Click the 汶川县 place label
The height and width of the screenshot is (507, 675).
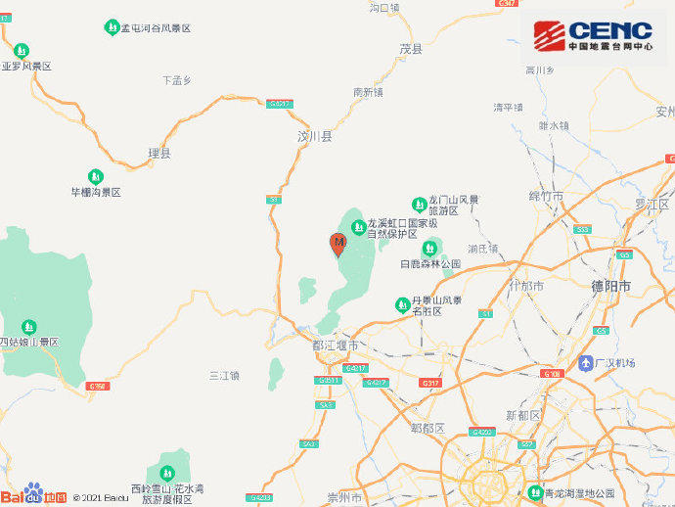pyautogui.click(x=315, y=137)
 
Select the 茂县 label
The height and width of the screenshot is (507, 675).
pyautogui.click(x=411, y=48)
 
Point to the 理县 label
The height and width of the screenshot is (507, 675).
pyautogui.click(x=158, y=153)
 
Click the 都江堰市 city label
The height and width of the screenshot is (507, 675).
pyautogui.click(x=335, y=346)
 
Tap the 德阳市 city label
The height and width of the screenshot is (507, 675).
pyautogui.click(x=611, y=286)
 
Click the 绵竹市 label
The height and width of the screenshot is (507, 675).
pyautogui.click(x=546, y=197)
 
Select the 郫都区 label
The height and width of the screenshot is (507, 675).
pyautogui.click(x=427, y=428)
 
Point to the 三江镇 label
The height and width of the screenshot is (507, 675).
pyautogui.click(x=225, y=375)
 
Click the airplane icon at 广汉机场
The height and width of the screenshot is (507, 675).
pyautogui.click(x=585, y=363)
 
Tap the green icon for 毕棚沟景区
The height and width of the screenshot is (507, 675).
pyautogui.click(x=94, y=175)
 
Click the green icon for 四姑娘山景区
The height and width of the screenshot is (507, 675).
pyautogui.click(x=29, y=325)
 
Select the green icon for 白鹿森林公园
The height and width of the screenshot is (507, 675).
pyautogui.click(x=429, y=248)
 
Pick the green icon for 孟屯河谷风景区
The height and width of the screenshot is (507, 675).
pyautogui.click(x=111, y=27)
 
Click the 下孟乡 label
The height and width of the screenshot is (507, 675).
pyautogui.click(x=177, y=79)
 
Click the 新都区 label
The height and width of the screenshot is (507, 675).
pyautogui.click(x=523, y=415)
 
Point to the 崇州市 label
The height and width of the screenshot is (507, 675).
pyautogui.click(x=343, y=497)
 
